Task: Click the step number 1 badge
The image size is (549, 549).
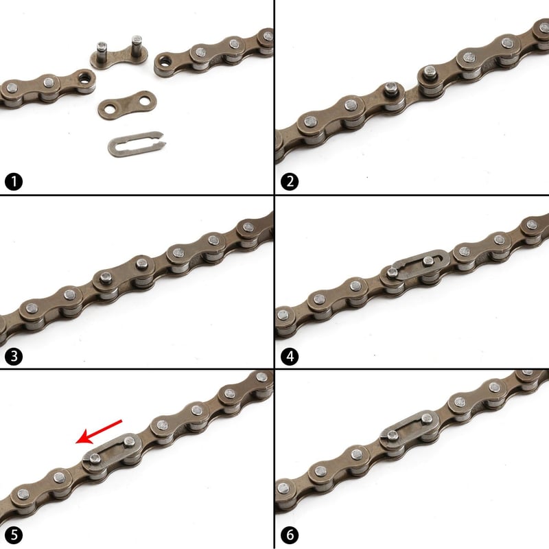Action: pos(14,182)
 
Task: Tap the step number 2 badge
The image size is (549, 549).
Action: pos(290,182)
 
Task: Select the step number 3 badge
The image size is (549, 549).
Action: pos(14,356)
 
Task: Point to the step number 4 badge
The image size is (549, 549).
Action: pos(290,356)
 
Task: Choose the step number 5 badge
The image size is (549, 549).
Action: pos(14,535)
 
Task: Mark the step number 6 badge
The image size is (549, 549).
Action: pos(290,535)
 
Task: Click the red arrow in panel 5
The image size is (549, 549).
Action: pos(99,432)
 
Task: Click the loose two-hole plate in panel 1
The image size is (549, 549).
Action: pos(127,106)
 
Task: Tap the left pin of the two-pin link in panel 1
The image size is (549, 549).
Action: pos(102,51)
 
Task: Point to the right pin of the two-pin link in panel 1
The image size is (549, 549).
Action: pos(137,45)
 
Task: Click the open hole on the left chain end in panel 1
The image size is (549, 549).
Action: pos(84,78)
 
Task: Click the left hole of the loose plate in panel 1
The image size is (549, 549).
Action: pos(110,109)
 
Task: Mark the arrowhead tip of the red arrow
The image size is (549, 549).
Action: pos(76,443)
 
